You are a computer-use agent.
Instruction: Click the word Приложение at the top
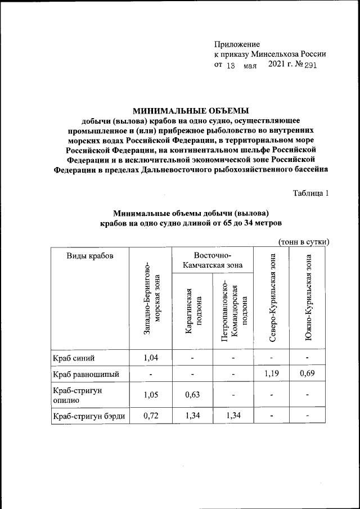click(237, 44)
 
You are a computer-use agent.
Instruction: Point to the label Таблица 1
click(310, 193)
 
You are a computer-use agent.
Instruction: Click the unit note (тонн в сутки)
click(303, 242)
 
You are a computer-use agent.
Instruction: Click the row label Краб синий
click(70, 357)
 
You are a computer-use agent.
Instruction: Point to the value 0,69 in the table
click(308, 373)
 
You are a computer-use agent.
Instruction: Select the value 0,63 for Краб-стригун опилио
click(193, 394)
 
